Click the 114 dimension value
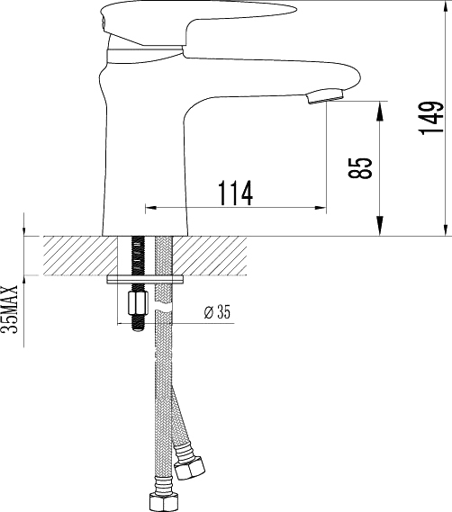(234, 191)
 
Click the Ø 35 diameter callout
(218, 311)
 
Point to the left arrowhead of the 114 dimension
(150, 206)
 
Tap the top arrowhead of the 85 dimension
(380, 106)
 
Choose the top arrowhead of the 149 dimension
(447, 7)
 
